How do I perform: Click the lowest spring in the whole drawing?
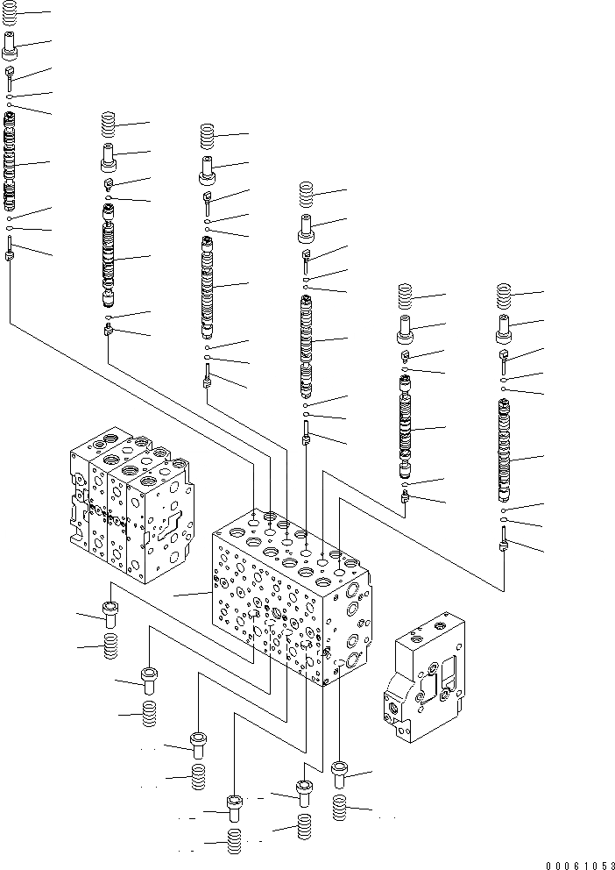235,841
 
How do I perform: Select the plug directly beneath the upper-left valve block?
110,614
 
